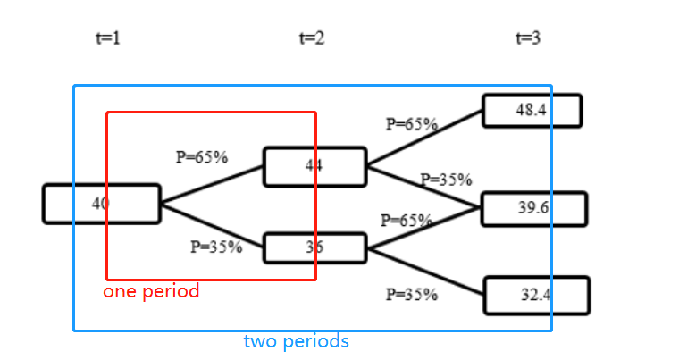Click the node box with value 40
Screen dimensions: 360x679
point(101,204)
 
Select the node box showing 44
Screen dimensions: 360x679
point(314,166)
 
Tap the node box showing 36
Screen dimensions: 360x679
point(314,247)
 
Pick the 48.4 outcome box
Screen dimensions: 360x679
point(532,111)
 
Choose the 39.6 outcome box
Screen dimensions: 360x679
point(533,208)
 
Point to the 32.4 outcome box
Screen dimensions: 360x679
point(536,296)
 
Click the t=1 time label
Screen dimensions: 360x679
point(107,38)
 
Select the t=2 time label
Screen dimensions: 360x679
point(311,38)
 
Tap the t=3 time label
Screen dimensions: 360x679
point(528,38)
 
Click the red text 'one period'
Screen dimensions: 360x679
point(151,292)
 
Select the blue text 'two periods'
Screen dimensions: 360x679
point(296,341)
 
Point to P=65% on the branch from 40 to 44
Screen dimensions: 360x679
point(202,157)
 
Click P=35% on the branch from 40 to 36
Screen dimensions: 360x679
point(216,247)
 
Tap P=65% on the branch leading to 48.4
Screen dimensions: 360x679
point(411,124)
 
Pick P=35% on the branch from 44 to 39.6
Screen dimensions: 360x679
point(446,180)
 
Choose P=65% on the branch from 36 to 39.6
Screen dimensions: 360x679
point(407,220)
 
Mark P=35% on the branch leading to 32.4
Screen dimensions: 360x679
point(412,294)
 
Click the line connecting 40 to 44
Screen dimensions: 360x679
point(212,185)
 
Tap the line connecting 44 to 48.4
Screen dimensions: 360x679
point(424,139)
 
